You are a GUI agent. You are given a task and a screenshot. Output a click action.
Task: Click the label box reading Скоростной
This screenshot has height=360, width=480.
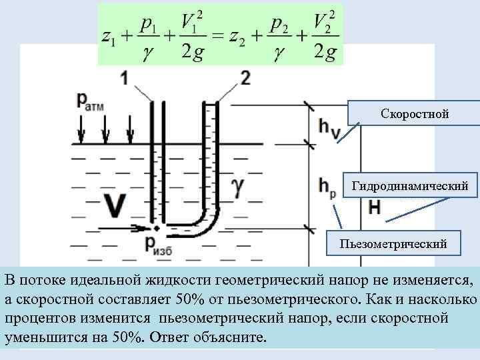[415, 115]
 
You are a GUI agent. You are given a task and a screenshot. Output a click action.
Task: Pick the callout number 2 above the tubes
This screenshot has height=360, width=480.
[245, 78]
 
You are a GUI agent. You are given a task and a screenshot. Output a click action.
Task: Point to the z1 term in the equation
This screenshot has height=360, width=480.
[109, 38]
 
